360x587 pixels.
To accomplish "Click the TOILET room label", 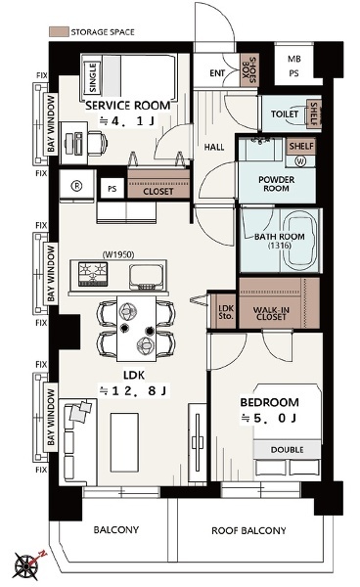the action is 285,113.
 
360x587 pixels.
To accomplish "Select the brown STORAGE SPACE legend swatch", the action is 59,31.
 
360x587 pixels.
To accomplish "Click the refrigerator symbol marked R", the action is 76,186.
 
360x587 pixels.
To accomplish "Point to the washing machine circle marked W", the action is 300,161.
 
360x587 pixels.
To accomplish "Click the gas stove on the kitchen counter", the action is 93,274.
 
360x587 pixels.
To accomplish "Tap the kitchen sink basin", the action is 147,277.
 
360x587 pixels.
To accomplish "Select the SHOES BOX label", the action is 249,69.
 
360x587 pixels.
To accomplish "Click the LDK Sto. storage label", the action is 226,312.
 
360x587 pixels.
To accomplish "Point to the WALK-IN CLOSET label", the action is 271,313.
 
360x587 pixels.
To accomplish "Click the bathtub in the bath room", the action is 300,240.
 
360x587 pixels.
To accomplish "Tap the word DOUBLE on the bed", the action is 287,450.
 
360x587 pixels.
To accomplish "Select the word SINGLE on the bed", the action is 93,77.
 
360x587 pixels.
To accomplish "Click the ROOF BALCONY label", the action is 248,530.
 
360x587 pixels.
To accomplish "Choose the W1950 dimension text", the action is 118,254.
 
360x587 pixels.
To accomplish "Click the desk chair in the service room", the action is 98,142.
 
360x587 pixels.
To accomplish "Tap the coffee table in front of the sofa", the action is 124,436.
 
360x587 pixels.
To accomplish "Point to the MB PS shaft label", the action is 293,67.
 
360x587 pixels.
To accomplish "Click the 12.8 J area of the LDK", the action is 133,390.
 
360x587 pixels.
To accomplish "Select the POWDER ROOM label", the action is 276,184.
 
